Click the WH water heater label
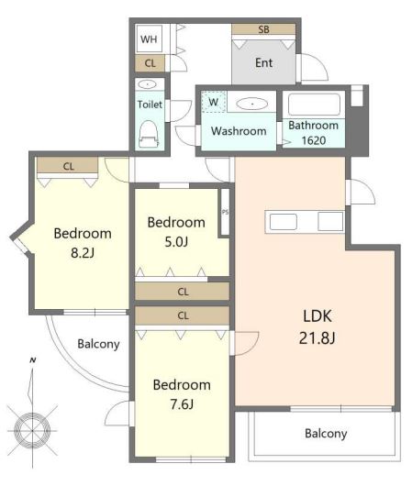point(149,39)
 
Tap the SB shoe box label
point(263,29)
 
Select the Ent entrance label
point(263,63)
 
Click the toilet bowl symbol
point(149,134)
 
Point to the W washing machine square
point(214,102)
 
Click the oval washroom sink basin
point(252,104)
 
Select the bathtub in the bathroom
point(314,105)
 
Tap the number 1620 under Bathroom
point(314,140)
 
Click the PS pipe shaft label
point(226,213)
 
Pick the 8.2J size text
point(83,253)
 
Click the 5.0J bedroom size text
point(176,242)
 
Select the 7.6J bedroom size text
point(182,404)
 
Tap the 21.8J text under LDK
point(317,337)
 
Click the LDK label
point(317,315)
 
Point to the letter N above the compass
point(33,360)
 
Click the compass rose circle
point(32,431)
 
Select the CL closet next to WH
point(150,63)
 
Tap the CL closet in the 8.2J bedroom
point(68,166)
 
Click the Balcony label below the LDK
point(326,434)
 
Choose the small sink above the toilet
point(148,84)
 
